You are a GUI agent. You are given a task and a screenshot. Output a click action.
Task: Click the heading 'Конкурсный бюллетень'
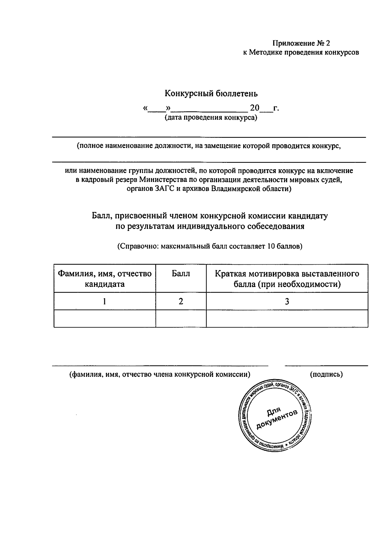211,94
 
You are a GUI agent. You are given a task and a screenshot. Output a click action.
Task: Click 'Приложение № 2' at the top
301,43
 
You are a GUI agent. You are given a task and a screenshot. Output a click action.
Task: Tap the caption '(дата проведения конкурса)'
211,118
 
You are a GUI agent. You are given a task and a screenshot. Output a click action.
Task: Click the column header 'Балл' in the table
181,274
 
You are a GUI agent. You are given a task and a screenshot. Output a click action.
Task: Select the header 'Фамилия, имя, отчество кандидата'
105,278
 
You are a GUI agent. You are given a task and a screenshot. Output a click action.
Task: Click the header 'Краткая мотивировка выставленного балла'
287,278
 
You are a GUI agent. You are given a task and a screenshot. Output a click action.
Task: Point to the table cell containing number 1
105,301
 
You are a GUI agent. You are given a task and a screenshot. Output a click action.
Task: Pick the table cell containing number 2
181,301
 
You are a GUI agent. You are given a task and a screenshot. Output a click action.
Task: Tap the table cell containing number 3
287,301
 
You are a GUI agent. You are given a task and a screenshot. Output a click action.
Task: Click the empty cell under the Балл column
181,319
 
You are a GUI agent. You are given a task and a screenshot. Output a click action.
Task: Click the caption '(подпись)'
326,374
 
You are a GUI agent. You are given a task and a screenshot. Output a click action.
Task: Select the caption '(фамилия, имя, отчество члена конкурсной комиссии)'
160,374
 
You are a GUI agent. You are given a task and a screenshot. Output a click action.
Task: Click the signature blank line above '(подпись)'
326,365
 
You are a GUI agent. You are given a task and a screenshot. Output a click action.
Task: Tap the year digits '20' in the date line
254,108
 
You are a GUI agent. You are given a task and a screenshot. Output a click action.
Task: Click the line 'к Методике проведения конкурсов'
301,52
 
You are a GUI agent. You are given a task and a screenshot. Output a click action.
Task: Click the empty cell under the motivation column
287,319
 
